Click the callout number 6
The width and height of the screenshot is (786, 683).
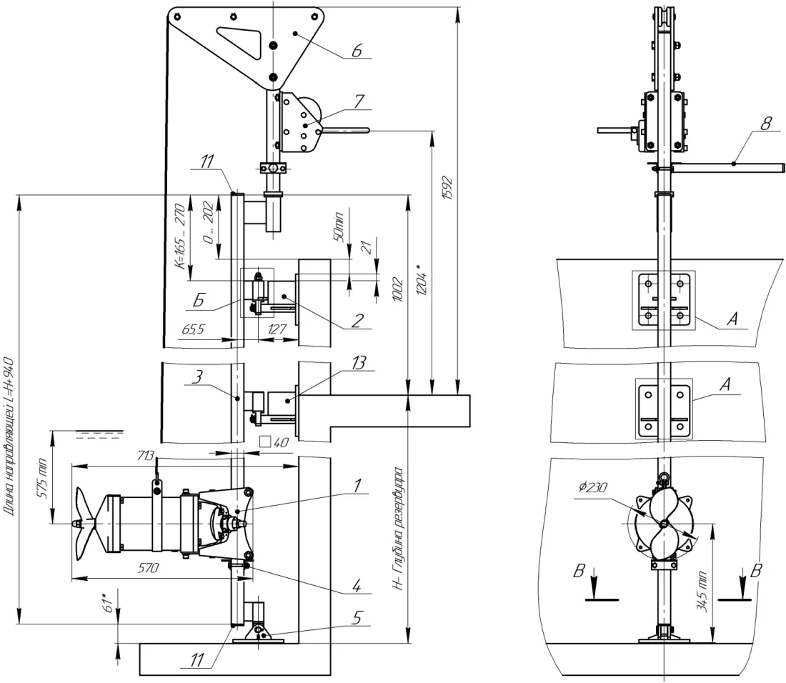point(357,51)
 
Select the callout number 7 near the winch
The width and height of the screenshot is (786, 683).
point(359,101)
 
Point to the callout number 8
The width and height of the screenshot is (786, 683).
point(765,124)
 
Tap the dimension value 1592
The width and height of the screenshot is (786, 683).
point(448,188)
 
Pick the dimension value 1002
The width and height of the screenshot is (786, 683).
point(397,289)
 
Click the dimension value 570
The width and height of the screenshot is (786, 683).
point(149,568)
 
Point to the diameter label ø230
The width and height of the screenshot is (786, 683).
point(592,487)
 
